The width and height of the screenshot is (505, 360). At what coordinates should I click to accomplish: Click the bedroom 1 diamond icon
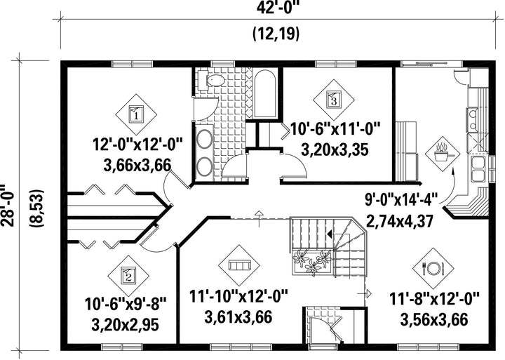coord(136,114)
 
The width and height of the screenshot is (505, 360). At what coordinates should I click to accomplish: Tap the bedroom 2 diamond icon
coord(128,276)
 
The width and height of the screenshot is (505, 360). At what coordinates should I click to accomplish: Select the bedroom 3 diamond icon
coord(334,100)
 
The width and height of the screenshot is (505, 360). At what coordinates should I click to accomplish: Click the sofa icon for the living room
coord(239,265)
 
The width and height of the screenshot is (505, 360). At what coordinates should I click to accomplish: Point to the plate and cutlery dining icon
coord(433,268)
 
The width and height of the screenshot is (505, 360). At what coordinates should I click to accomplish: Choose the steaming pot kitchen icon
coord(442,154)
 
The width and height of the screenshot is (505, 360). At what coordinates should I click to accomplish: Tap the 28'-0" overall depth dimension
coord(8,206)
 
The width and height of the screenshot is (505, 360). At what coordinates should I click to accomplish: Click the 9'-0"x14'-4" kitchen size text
coord(401,200)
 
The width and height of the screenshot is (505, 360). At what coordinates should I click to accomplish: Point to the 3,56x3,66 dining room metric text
coord(434,319)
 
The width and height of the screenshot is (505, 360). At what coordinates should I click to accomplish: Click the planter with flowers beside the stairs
coord(312,262)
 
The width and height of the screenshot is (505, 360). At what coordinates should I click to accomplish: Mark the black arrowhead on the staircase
coord(329,234)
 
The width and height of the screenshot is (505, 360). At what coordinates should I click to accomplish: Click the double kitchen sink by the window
coord(479,169)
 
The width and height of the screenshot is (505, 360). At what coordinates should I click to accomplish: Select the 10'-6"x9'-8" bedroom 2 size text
coord(126,304)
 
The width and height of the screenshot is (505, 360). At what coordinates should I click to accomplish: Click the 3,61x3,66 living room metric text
coord(238,316)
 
